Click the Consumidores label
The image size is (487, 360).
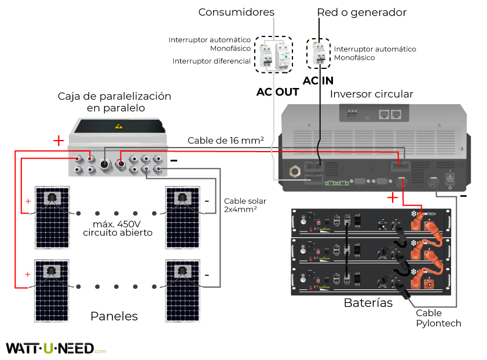tap(236, 12)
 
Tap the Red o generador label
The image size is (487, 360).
tap(362, 12)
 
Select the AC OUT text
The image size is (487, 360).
tap(278, 92)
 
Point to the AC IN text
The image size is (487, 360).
tap(318, 81)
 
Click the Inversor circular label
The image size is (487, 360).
tap(372, 94)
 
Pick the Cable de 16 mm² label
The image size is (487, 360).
tap(226, 141)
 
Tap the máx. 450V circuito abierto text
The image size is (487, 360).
tap(118, 229)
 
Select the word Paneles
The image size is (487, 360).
tap(114, 316)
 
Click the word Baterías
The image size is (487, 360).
tap(368, 302)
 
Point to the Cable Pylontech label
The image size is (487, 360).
tap(438, 318)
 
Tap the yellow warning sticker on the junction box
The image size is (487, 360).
tap(119, 126)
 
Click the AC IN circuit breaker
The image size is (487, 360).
tap(318, 55)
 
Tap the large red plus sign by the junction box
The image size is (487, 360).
tap(58, 141)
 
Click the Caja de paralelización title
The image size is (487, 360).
tap(115, 101)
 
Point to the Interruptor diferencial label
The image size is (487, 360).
tap(211, 61)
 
